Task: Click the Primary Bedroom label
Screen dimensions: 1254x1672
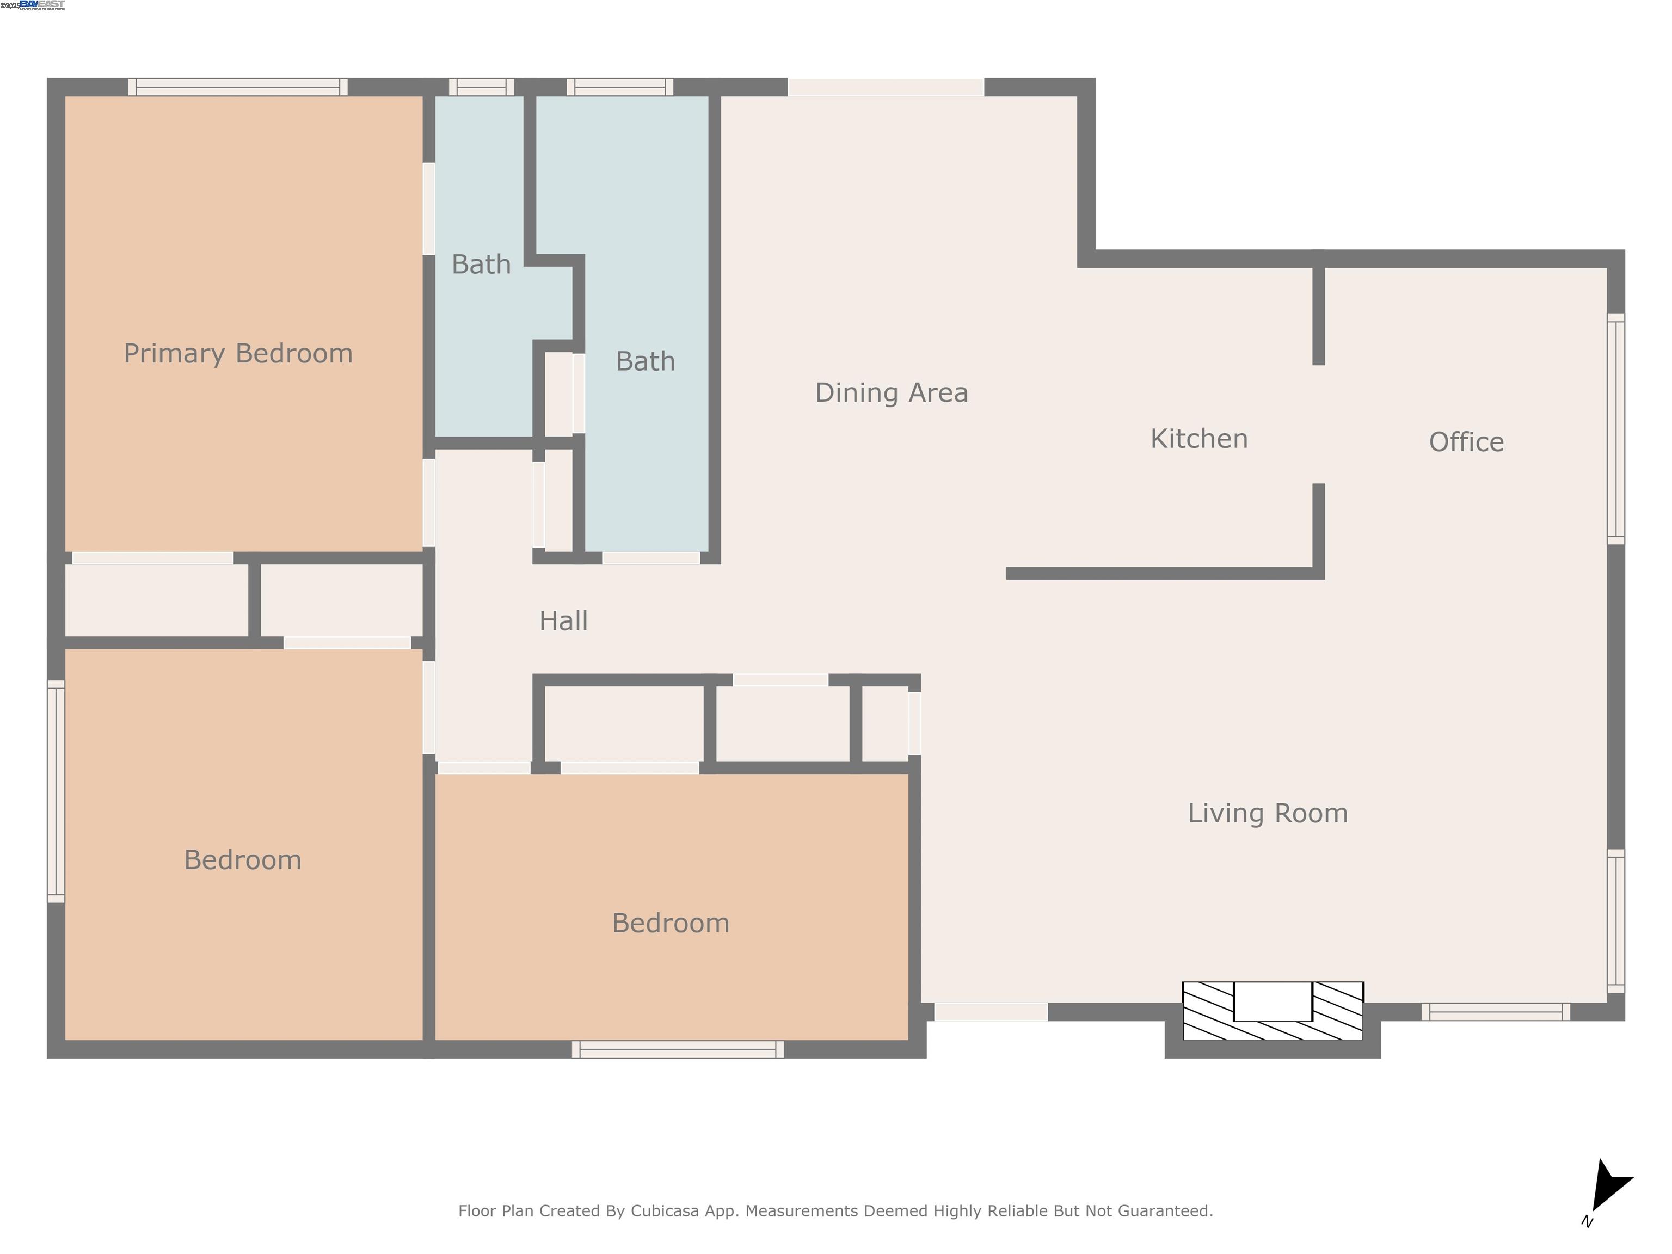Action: [238, 354]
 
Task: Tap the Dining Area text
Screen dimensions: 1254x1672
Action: [891, 393]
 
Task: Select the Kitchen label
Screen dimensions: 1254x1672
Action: [1199, 439]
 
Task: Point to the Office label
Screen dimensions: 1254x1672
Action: [1466, 442]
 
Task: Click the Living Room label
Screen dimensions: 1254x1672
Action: [1268, 813]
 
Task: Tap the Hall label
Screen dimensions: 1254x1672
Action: [563, 622]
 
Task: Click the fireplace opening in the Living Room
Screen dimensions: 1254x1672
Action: [1273, 1001]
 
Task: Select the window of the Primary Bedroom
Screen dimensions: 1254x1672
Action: [237, 87]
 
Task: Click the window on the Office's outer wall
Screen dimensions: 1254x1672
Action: [1615, 428]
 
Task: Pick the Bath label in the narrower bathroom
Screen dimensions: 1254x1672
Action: [481, 265]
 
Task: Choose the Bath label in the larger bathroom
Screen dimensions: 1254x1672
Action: [645, 361]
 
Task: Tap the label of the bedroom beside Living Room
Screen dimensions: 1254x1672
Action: [671, 923]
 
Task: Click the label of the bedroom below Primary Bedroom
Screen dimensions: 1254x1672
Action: [243, 860]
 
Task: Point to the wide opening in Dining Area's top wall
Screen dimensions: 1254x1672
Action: [886, 87]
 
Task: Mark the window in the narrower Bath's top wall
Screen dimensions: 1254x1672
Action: [482, 87]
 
